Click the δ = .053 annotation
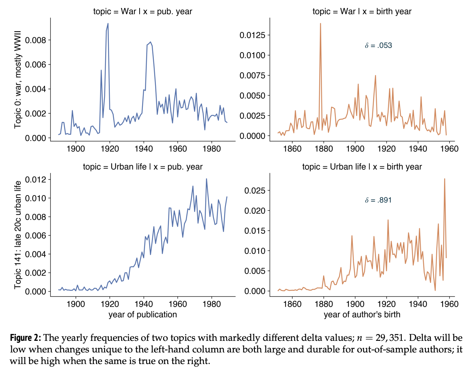tap(378, 46)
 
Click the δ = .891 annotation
tap(378, 200)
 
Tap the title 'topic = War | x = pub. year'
tap(142, 11)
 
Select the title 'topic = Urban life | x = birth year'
tap(362, 167)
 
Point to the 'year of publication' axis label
tap(142, 314)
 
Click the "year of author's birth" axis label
tap(362, 314)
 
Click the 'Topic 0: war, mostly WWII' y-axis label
tap(18, 79)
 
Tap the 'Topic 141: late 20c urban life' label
tap(18, 235)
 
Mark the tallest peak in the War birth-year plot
tap(321, 24)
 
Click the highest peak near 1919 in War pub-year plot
tap(108, 24)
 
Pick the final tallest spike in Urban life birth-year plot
tap(445, 179)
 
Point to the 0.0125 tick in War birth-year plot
tap(252, 36)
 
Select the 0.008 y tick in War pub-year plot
tap(36, 40)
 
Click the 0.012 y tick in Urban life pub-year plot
tap(36, 180)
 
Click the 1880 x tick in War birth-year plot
tap(324, 149)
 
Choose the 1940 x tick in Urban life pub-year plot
tap(144, 304)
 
